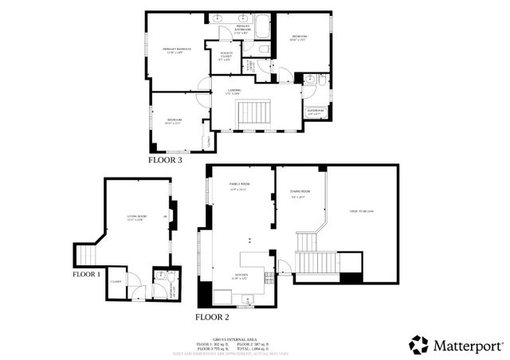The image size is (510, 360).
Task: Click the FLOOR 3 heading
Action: click(x=165, y=160)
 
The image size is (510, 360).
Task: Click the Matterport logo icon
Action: click(x=418, y=345)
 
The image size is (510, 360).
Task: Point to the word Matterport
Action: click(x=467, y=346)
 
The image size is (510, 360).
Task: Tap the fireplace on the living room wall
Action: click(x=172, y=216)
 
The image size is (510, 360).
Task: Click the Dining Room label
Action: click(x=300, y=193)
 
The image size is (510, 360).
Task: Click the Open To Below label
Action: click(x=363, y=211)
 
